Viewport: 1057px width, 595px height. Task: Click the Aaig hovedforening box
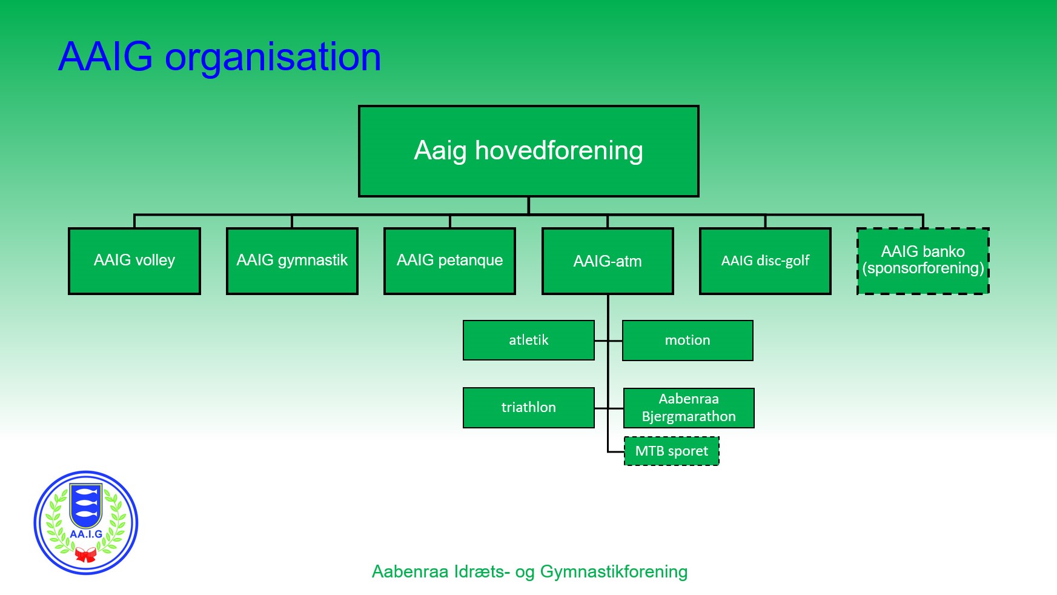pyautogui.click(x=528, y=151)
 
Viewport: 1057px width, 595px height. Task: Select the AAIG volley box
pyautogui.click(x=134, y=261)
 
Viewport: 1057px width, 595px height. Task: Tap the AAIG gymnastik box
pyautogui.click(x=292, y=261)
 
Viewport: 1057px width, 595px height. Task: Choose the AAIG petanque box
pyautogui.click(x=449, y=261)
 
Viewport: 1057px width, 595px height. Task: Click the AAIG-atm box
pyautogui.click(x=608, y=261)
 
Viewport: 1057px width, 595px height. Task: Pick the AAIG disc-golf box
pyautogui.click(x=765, y=261)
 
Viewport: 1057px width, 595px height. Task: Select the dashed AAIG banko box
pyautogui.click(x=923, y=261)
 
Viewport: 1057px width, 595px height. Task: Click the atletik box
pyautogui.click(x=529, y=340)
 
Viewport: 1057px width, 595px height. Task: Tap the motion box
pyautogui.click(x=688, y=341)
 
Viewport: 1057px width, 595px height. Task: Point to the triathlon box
pyautogui.click(x=529, y=408)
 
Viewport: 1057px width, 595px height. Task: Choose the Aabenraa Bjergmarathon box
pyautogui.click(x=689, y=408)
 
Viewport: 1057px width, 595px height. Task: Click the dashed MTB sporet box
pyautogui.click(x=672, y=451)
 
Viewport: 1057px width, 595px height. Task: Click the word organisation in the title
pyautogui.click(x=273, y=58)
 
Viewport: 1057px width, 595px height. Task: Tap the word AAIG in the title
pyautogui.click(x=105, y=57)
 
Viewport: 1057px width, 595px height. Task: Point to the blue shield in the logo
pyautogui.click(x=86, y=505)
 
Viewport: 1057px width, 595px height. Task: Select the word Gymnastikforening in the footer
pyautogui.click(x=614, y=572)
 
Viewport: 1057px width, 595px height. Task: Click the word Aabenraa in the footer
pyautogui.click(x=409, y=571)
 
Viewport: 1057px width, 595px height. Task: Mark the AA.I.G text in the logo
pyautogui.click(x=86, y=534)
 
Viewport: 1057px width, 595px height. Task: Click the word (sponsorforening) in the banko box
pyautogui.click(x=923, y=268)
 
